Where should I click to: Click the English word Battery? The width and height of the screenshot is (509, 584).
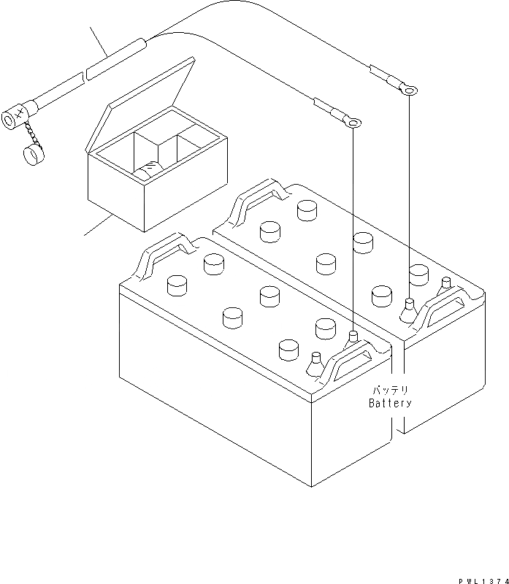click(x=390, y=403)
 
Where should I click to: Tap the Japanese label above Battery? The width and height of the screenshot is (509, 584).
click(x=391, y=391)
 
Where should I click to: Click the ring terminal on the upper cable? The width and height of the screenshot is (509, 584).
click(x=410, y=91)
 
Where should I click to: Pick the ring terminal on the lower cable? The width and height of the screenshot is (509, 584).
click(x=353, y=124)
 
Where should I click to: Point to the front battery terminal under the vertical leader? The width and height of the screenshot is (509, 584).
click(x=353, y=337)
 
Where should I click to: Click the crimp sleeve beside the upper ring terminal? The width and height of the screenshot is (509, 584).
click(x=383, y=75)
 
